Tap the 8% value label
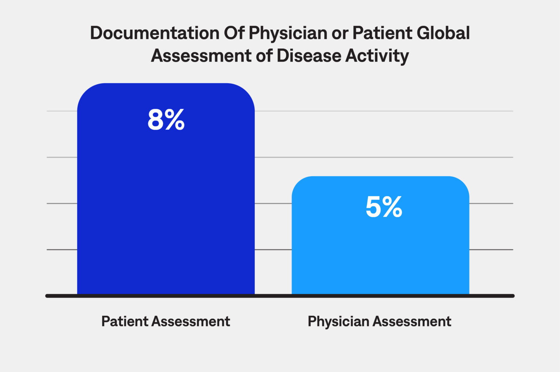(x=166, y=120)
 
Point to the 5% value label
(x=384, y=207)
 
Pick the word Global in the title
(x=443, y=33)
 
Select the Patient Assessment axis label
(x=166, y=321)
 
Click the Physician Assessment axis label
(x=379, y=321)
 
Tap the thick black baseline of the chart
(x=280, y=296)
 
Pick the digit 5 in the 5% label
(x=373, y=207)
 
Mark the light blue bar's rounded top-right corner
(x=462, y=184)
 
